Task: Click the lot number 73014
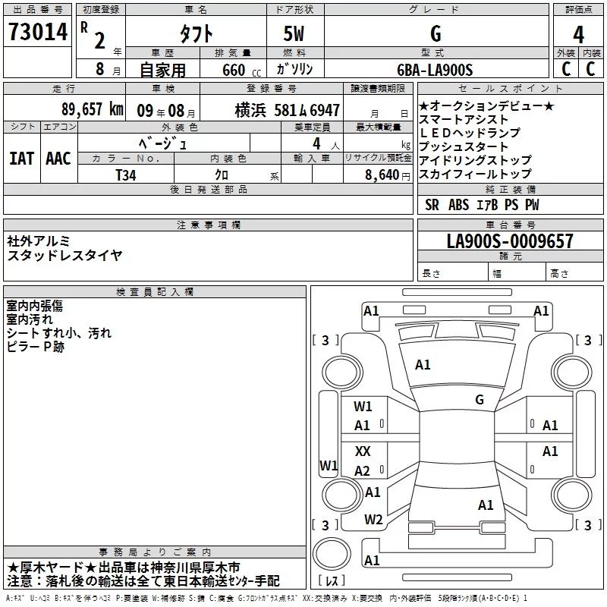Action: [38, 32]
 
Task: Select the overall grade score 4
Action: [578, 34]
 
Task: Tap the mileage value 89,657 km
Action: [93, 109]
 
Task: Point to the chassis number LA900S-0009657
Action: [510, 241]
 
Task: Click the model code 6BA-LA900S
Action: [435, 70]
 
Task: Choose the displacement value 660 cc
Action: [241, 71]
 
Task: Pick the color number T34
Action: [126, 175]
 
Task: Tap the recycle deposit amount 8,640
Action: [382, 175]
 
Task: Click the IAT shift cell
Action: [22, 159]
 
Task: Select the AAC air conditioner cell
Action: [58, 159]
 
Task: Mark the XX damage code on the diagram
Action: [363, 451]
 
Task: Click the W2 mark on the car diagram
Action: [373, 520]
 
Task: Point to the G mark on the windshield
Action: [480, 399]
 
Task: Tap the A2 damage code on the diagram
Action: [362, 470]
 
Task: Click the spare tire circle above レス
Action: [332, 554]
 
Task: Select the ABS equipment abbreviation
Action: [458, 205]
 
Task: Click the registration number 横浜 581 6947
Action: [288, 110]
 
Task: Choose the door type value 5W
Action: [294, 33]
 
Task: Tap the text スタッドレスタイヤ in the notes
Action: [64, 255]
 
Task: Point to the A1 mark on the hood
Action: [423, 364]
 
